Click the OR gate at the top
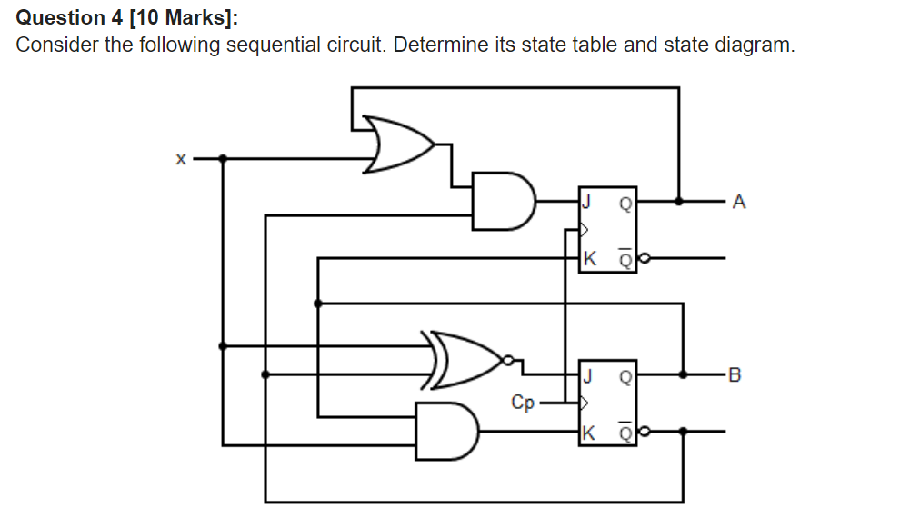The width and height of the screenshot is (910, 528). [x=398, y=144]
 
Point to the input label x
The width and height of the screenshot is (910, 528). [x=180, y=159]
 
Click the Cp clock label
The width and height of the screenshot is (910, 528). [x=523, y=402]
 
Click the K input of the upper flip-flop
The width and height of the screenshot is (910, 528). [x=590, y=259]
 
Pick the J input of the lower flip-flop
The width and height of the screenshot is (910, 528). [x=589, y=374]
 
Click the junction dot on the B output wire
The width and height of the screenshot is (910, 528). [x=683, y=374]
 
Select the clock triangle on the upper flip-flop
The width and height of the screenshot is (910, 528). [x=585, y=230]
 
